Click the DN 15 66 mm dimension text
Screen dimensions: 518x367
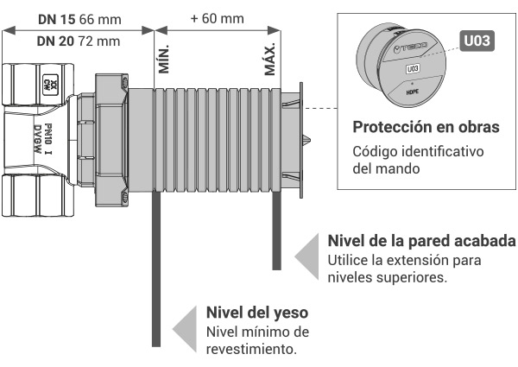click(79, 20)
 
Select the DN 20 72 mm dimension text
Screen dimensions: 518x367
click(79, 41)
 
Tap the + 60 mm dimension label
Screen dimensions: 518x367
click(218, 18)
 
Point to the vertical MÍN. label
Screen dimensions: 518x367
click(163, 59)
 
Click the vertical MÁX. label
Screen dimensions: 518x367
click(269, 59)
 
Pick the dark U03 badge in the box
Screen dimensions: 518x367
click(477, 41)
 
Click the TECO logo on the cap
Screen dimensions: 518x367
click(410, 47)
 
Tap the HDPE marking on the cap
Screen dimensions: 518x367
click(413, 92)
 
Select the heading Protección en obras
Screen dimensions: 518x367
click(426, 127)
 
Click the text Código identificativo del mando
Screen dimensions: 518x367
click(418, 160)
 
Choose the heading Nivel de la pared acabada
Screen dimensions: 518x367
click(421, 241)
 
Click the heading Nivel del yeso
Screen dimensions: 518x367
click(257, 313)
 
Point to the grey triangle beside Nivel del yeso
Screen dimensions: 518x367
click(185, 329)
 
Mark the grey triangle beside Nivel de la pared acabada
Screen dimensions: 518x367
click(306, 256)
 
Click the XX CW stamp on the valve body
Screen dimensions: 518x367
click(51, 85)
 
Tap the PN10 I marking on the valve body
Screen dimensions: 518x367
click(47, 139)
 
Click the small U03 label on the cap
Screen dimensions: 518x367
click(413, 69)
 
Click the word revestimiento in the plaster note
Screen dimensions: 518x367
click(251, 349)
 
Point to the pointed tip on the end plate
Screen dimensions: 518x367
click(307, 140)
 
